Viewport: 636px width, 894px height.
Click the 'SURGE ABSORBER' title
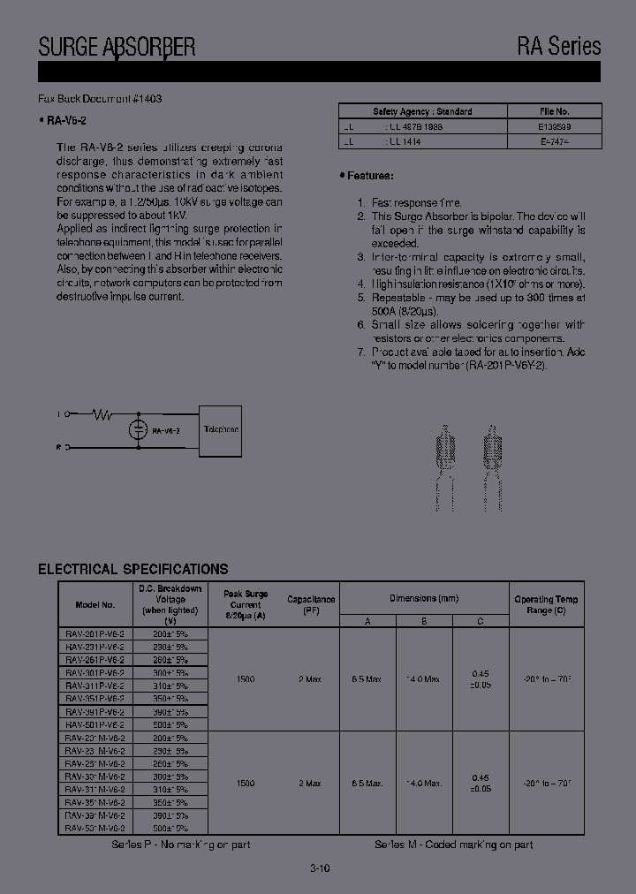[117, 46]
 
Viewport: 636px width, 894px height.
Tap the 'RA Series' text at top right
[559, 46]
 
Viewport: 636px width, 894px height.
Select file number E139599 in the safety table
[554, 126]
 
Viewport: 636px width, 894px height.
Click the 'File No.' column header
[554, 111]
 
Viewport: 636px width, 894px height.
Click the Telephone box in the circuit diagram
[220, 430]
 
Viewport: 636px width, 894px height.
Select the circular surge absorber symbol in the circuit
[138, 430]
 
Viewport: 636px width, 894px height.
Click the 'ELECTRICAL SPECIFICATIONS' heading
[132, 569]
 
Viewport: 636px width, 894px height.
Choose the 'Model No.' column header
[95, 605]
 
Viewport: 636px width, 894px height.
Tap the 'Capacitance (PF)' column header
[311, 604]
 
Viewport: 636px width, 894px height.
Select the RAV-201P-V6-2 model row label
[95, 634]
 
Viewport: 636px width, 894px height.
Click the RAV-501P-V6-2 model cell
[95, 724]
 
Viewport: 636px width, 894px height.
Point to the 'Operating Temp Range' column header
[546, 604]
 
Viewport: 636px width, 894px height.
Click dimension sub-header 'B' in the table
[424, 621]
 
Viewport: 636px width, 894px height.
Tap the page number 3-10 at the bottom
[320, 868]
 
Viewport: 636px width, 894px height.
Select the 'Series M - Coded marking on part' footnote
[453, 845]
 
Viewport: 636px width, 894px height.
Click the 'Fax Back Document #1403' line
[100, 99]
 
